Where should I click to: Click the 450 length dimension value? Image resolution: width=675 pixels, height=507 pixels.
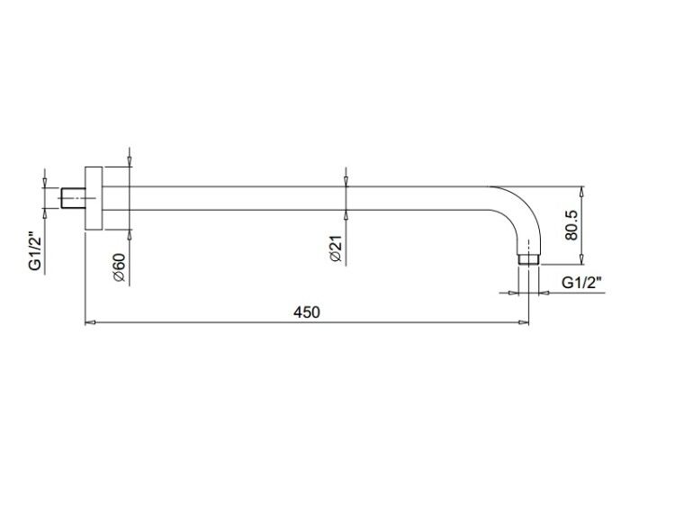point(307,312)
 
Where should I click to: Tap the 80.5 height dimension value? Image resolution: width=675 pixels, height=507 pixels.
point(571,225)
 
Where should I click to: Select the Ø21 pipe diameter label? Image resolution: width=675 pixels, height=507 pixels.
point(335,249)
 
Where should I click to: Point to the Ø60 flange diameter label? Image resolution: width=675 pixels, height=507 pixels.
point(119,267)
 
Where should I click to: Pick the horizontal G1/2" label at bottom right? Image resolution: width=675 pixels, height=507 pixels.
point(581,283)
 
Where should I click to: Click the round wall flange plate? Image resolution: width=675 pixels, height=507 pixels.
point(94,198)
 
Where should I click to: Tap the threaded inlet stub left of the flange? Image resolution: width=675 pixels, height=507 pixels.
point(73,198)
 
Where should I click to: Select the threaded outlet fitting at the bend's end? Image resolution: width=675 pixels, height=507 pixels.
point(528,259)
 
